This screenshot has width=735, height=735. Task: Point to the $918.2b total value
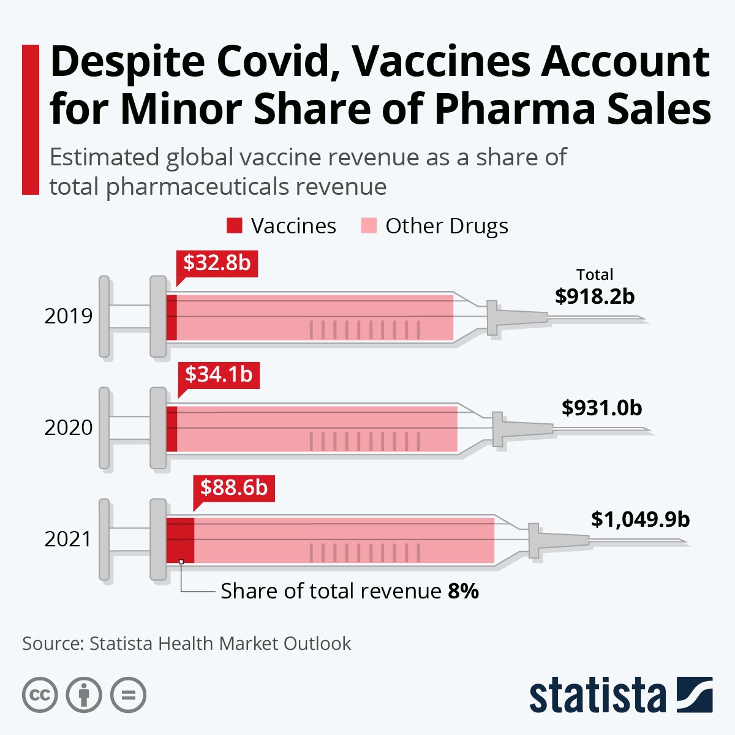(x=595, y=296)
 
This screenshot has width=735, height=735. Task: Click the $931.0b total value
(x=601, y=407)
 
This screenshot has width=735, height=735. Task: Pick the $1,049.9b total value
(x=640, y=519)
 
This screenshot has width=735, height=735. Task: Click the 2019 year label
(x=69, y=316)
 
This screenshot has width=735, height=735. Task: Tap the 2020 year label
(x=69, y=428)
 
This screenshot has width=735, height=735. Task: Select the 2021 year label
(x=69, y=539)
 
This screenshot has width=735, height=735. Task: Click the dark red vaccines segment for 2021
(x=181, y=540)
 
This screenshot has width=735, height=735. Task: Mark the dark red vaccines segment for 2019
(x=171, y=317)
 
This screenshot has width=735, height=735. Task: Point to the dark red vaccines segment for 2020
(x=171, y=428)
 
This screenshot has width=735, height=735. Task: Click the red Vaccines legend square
(x=235, y=226)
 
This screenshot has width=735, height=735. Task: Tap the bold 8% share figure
(x=463, y=591)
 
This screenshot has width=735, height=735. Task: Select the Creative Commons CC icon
(x=40, y=695)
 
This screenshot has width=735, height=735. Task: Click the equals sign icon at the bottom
(x=129, y=695)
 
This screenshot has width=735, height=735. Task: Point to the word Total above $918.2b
(x=595, y=274)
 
